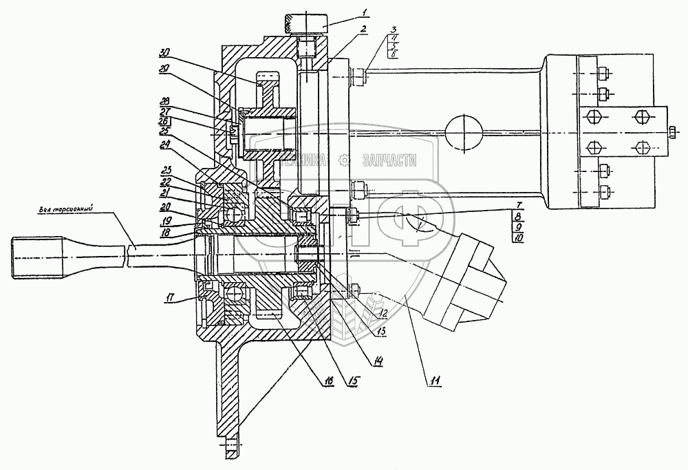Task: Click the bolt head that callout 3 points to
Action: pos(358,76)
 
